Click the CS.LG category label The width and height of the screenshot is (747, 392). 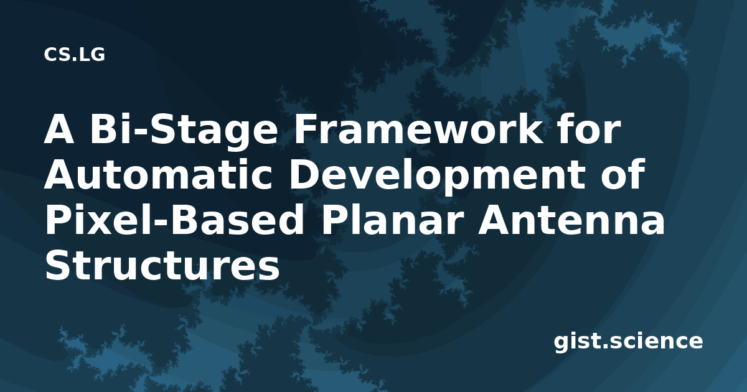pyautogui.click(x=74, y=55)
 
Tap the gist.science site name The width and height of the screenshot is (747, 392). pyautogui.click(x=628, y=342)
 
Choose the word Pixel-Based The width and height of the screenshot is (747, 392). pyautogui.click(x=174, y=220)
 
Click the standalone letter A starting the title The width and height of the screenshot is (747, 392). pyautogui.click(x=59, y=129)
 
